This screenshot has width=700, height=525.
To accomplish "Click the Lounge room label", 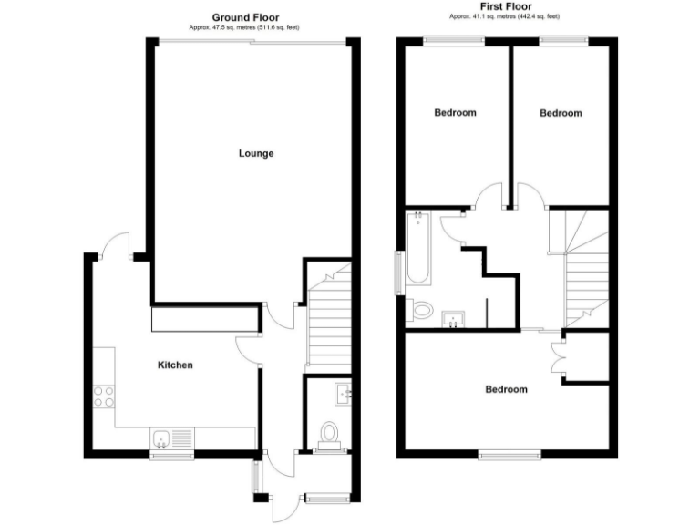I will coord(256,153).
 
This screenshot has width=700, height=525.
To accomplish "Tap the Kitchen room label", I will coord(176,365).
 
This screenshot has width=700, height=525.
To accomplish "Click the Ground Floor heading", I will coord(245,17).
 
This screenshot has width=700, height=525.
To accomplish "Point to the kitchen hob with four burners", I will coord(103,396).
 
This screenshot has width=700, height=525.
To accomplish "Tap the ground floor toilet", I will coord(328,433).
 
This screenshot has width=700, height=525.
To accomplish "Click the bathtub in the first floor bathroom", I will coord(418,246).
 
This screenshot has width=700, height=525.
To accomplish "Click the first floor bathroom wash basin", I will coord(453,318).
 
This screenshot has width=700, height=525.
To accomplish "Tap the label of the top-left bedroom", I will coord(455,113).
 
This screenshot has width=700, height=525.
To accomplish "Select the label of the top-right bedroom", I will coord(561,113).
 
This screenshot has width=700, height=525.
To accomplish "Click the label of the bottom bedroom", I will coord(506,389).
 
